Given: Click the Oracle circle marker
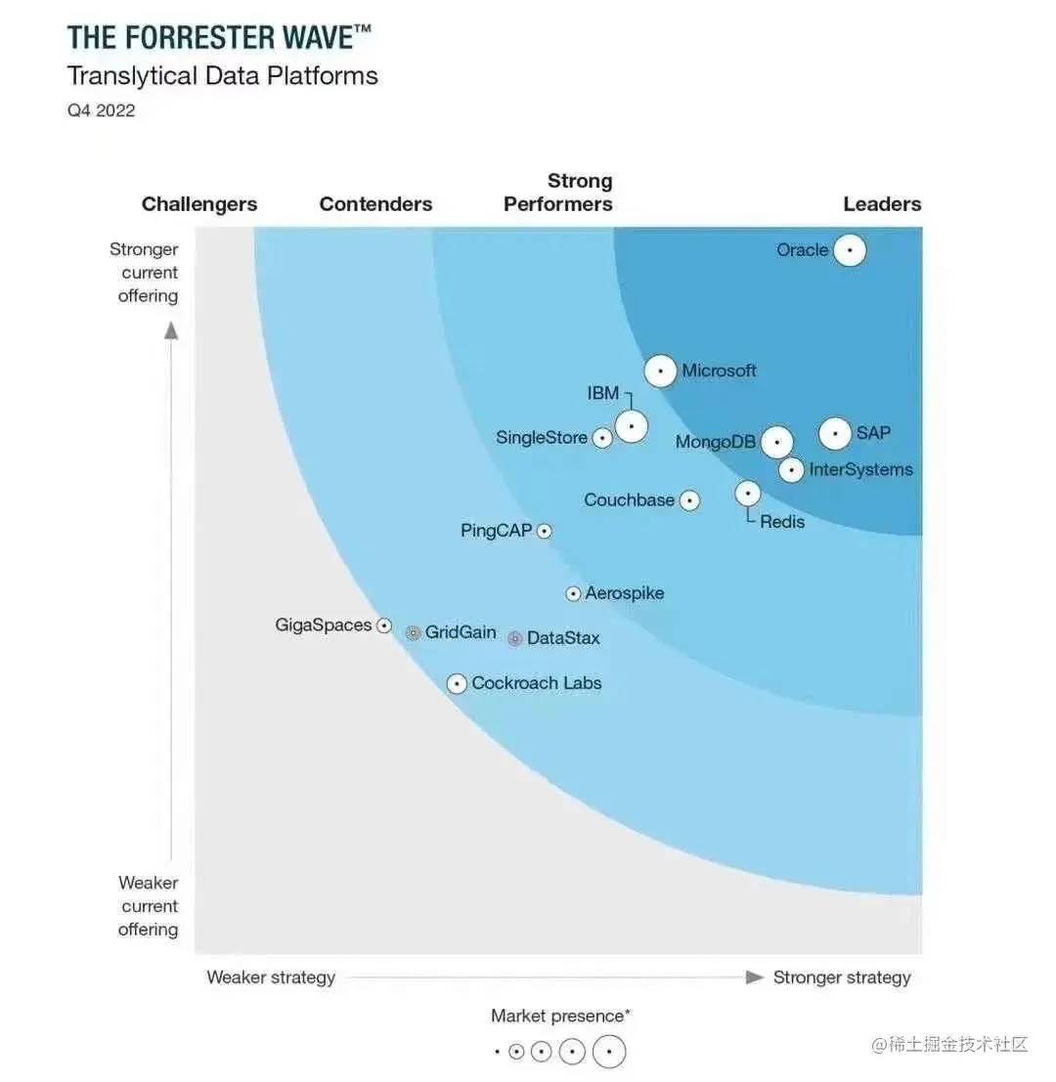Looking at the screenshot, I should tap(850, 251).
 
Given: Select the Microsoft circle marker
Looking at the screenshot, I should tap(661, 371).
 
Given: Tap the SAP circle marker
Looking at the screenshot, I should tap(835, 433).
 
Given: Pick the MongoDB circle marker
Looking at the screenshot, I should tap(777, 442).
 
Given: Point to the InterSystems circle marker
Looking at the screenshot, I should tap(792, 470).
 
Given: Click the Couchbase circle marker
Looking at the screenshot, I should tap(689, 500).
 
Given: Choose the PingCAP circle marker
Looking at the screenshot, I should tap(544, 531).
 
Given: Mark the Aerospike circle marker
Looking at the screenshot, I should tap(574, 593).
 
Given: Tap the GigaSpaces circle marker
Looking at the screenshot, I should tap(384, 626).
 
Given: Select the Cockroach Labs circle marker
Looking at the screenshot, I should tap(457, 684).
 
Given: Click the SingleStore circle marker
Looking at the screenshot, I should tap(603, 438).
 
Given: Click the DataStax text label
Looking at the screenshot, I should tap(563, 638).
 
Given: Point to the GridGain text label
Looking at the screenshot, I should tap(461, 632).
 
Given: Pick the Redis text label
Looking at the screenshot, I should tap(782, 522).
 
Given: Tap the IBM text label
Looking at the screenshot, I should tap(603, 393).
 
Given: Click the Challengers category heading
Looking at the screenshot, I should tap(199, 204).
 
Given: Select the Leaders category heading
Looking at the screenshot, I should tap(882, 204).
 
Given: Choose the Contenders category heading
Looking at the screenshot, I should tap(375, 204).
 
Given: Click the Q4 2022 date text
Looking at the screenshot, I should tap(101, 110).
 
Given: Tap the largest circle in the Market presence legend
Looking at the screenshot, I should tap(609, 1052).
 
